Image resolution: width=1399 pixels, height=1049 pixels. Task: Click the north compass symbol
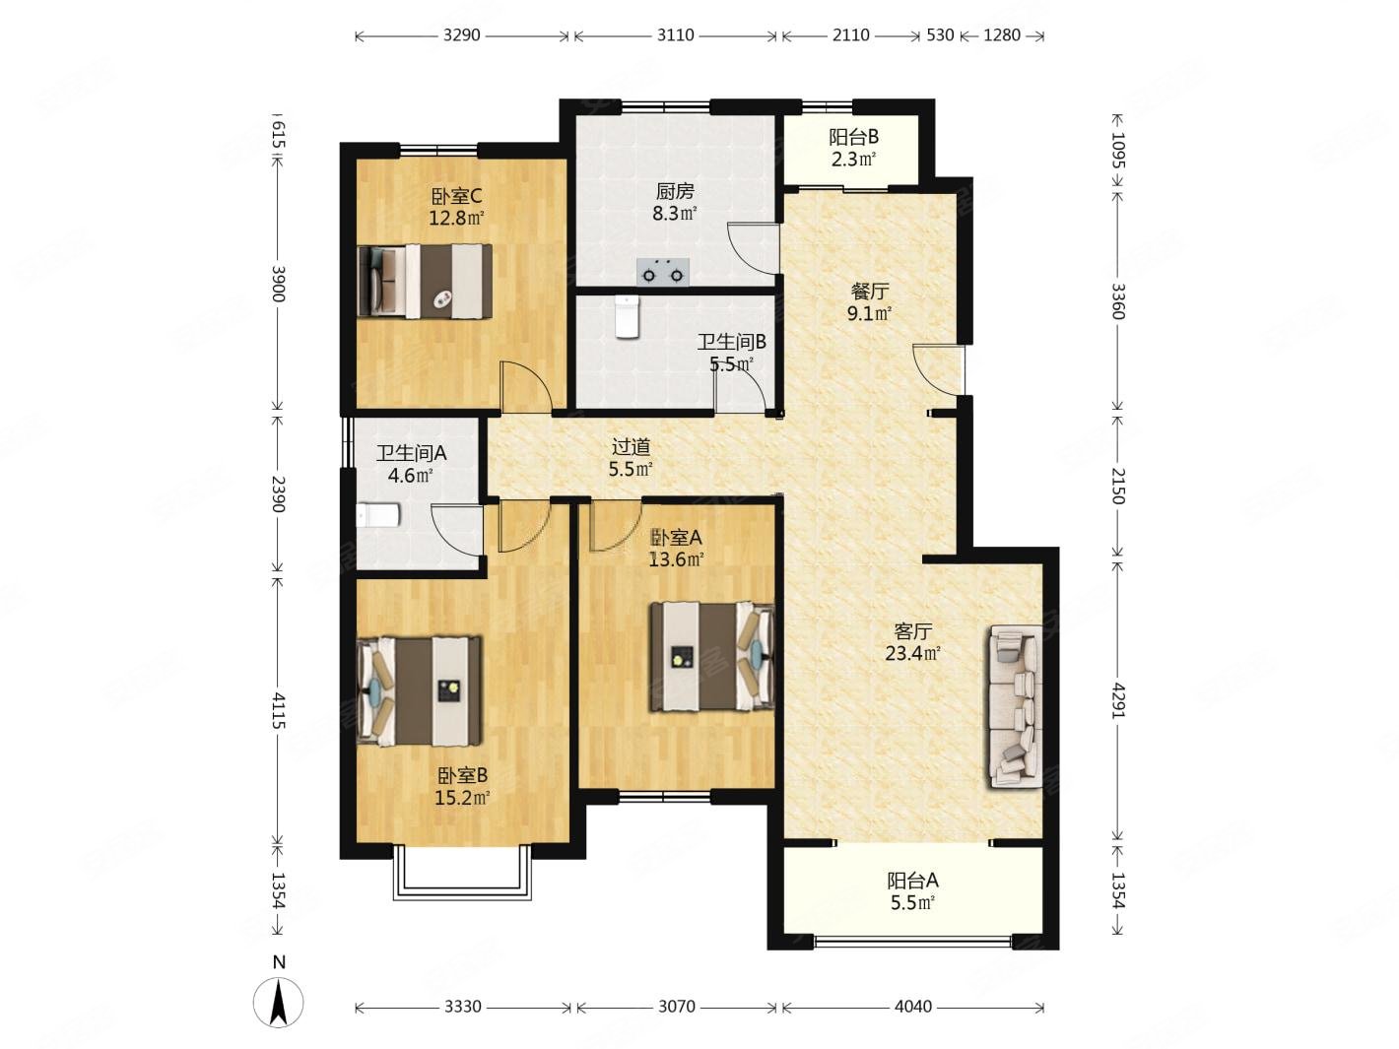click(278, 1002)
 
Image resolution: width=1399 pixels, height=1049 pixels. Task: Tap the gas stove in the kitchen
click(663, 271)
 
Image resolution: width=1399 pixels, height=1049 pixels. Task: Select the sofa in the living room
click(1016, 706)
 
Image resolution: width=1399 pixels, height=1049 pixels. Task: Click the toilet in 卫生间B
click(628, 317)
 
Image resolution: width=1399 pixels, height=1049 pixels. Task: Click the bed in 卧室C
click(425, 281)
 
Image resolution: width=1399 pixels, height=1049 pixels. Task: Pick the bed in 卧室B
click(420, 690)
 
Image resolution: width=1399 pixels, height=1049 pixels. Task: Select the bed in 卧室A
click(712, 657)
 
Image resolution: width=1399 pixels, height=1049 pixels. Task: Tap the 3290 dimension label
click(461, 35)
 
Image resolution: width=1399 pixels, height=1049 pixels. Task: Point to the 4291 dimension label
click(1118, 700)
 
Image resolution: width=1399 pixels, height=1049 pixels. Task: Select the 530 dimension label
click(940, 35)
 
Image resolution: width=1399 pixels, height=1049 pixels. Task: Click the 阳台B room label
click(853, 137)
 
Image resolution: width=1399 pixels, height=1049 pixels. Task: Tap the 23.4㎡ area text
click(912, 653)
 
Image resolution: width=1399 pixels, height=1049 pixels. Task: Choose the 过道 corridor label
click(631, 447)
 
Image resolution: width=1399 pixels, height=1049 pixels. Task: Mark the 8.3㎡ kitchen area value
click(674, 214)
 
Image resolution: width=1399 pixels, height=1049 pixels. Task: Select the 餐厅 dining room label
click(869, 292)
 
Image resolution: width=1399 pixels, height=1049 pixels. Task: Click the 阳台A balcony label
click(912, 881)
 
